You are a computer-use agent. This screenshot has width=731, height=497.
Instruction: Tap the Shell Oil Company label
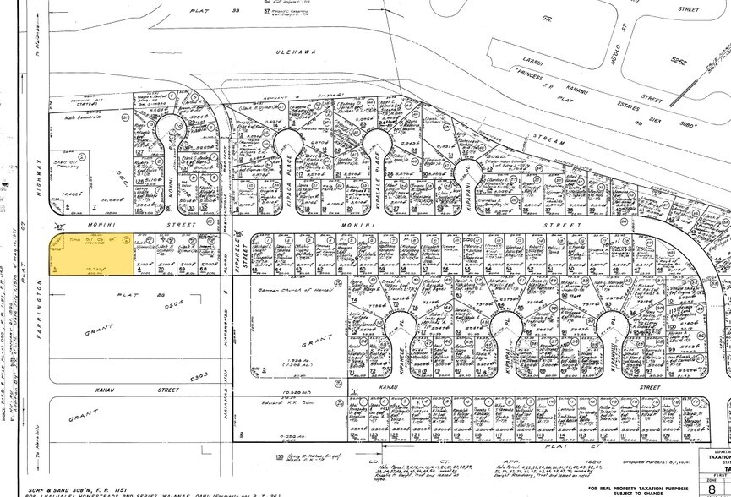coord(74,173)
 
